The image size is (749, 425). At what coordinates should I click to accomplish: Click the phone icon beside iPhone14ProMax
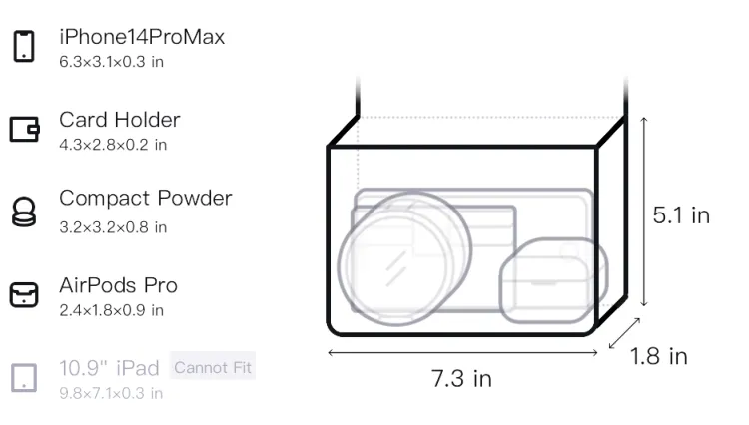(x=24, y=46)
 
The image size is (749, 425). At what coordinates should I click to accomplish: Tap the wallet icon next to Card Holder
(x=24, y=129)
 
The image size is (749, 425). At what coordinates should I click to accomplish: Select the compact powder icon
(x=24, y=212)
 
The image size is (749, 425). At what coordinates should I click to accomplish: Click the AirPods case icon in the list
(x=24, y=294)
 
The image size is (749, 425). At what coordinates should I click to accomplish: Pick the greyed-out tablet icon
(x=24, y=378)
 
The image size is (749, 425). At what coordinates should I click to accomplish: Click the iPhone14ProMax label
(x=142, y=37)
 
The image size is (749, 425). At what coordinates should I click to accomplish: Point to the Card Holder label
(x=120, y=120)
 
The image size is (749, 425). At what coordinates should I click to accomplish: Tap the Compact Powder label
(x=146, y=199)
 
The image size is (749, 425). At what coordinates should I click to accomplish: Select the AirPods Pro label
(x=119, y=285)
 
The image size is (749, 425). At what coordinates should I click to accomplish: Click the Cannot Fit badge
(x=213, y=367)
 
